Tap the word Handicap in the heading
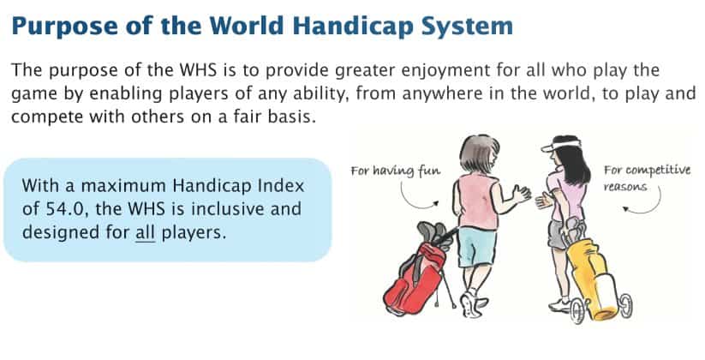point(353,26)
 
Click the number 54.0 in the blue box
point(66,209)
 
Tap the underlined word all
point(146,233)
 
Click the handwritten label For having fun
point(396,171)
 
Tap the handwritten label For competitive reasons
point(647,177)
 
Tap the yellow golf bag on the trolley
point(592,277)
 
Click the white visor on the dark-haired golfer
point(559,145)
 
